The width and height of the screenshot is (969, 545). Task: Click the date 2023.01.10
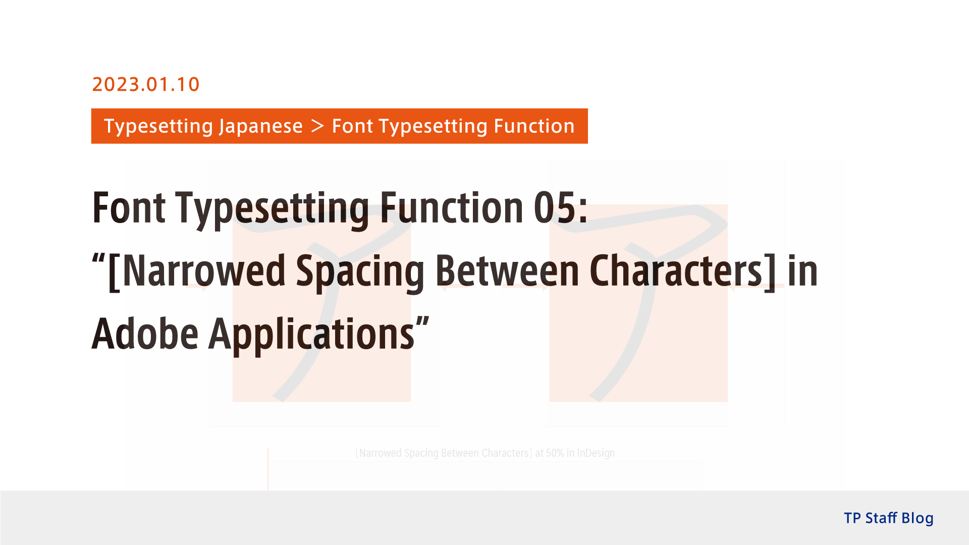point(146,84)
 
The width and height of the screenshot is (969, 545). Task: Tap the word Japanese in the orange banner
point(261,126)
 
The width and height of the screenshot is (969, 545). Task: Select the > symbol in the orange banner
point(317,126)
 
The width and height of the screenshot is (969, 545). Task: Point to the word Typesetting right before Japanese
point(157,126)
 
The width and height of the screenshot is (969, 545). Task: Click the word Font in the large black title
point(129,208)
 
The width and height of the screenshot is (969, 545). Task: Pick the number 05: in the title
point(561,208)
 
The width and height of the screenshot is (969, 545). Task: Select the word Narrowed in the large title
point(203,271)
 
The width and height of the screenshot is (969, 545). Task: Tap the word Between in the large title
point(507,271)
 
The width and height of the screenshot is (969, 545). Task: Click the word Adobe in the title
point(145,334)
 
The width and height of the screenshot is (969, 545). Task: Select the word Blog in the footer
point(917,518)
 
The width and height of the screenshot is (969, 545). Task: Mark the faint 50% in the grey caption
point(555,453)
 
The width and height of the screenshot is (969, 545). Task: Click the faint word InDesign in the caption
point(596,453)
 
